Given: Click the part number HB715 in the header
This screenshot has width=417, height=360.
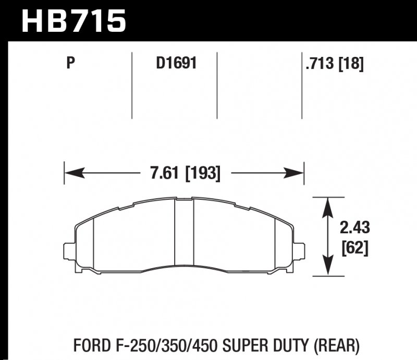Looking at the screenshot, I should tap(73, 21).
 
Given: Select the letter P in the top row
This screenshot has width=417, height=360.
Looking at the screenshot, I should tap(71, 64).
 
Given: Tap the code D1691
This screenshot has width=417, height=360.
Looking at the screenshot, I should tap(176, 64).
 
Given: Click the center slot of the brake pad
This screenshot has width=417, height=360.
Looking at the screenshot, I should tap(183, 235).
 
